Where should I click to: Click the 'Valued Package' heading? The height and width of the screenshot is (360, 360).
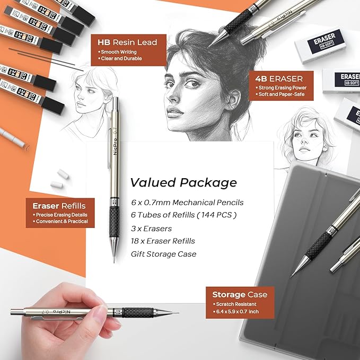183,183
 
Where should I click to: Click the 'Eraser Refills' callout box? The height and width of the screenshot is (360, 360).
60,213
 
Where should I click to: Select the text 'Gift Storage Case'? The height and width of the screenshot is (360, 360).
163,254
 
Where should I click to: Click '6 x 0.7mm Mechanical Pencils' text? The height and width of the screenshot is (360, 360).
187,202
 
